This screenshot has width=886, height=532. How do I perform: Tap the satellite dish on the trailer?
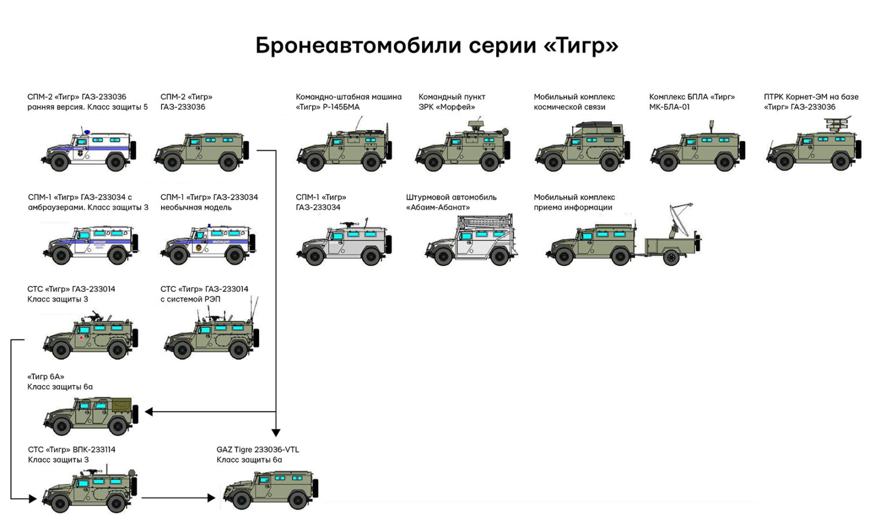pos(681,216)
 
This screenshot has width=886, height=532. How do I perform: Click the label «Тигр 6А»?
pos(46,377)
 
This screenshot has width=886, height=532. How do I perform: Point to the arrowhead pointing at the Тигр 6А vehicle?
pos(149,412)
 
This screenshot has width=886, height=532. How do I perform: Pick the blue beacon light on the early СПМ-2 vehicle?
pos(87,132)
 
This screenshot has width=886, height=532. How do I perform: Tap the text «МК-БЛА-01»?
pos(669,107)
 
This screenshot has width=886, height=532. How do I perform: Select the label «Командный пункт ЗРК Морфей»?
pos(452,102)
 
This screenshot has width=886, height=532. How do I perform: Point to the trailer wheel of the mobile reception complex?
pos(671,257)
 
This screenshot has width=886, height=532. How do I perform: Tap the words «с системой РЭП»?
pos(190,300)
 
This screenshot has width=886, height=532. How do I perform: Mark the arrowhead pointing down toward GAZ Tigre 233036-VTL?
pos(276,432)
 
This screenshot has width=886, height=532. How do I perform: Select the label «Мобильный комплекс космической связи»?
pos(574,102)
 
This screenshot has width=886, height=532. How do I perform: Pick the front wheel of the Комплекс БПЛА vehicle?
pos(668,163)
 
